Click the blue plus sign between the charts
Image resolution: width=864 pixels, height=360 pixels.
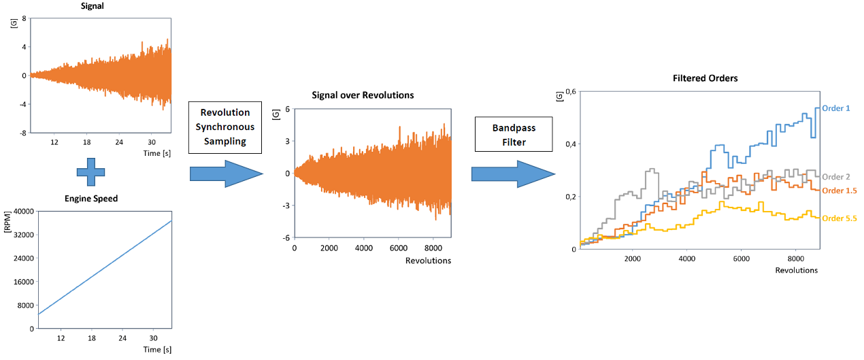point(91,171)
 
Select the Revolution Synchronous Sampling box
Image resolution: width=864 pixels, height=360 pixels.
point(226,126)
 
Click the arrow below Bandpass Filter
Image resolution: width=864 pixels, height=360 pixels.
point(513,176)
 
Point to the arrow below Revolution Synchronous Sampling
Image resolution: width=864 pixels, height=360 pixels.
point(226,174)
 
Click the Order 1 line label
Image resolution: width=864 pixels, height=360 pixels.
point(836,108)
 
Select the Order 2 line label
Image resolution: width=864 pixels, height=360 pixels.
point(836,177)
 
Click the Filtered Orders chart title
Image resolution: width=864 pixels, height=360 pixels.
point(701,78)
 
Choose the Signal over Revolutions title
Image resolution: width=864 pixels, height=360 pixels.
point(362,95)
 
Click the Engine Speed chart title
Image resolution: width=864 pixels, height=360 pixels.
point(91,199)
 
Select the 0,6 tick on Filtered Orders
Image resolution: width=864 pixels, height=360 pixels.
point(570,91)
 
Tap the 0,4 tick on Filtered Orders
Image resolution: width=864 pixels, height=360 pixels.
point(570,144)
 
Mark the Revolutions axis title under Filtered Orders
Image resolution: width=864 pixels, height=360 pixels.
point(796,270)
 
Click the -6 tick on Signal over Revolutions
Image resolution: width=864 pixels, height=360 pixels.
point(286,238)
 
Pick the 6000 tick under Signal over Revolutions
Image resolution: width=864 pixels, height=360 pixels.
point(398,248)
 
